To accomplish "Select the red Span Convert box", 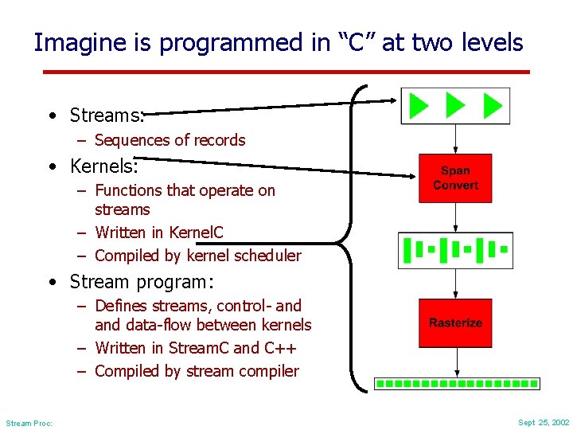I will pos(455,178).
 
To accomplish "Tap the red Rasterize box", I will pos(455,322).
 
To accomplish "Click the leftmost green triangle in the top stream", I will pos(418,106).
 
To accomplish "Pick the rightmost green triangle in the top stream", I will pos(493,106).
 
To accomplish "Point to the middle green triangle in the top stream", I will pos(455,106).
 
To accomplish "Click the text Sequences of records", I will pos(170,140).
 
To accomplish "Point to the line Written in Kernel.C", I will pos(158,233).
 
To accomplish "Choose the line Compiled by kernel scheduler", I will pos(197,256).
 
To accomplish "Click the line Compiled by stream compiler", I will pos(197,371).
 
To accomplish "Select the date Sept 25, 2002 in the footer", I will pos(544,422).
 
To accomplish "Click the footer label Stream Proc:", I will pos(29,423).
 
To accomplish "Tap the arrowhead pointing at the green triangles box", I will pos(392,100).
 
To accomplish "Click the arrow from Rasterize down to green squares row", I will pos(455,362).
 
